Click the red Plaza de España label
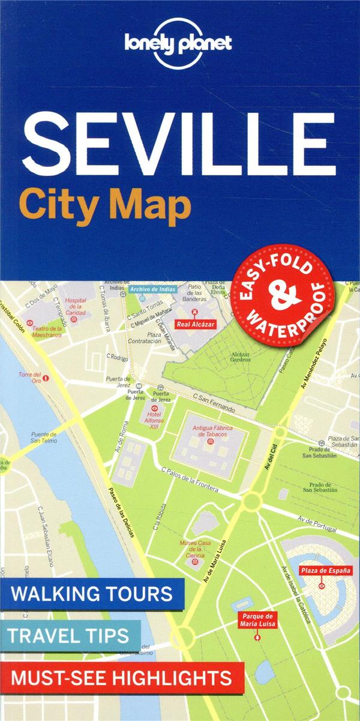click(325, 570)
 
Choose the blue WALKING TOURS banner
click(92, 594)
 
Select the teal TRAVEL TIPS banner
click(70, 635)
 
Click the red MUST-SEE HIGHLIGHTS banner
click(122, 678)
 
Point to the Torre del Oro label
click(29, 377)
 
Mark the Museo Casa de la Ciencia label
click(196, 549)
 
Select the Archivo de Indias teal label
click(152, 289)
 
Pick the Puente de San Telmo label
click(44, 438)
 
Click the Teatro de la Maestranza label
click(47, 332)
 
